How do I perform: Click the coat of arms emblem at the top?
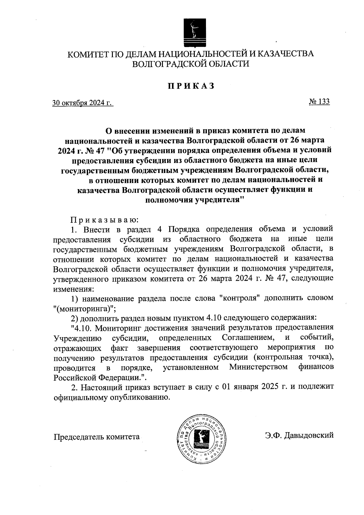pos(194,33)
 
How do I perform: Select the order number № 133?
pos(319,101)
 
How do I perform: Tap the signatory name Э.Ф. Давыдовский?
pos(299,435)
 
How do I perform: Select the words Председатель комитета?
pos(96,437)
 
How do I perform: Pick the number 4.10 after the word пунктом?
pos(214,318)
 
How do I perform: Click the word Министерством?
pos(258,367)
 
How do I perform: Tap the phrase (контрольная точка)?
pos(294,357)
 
